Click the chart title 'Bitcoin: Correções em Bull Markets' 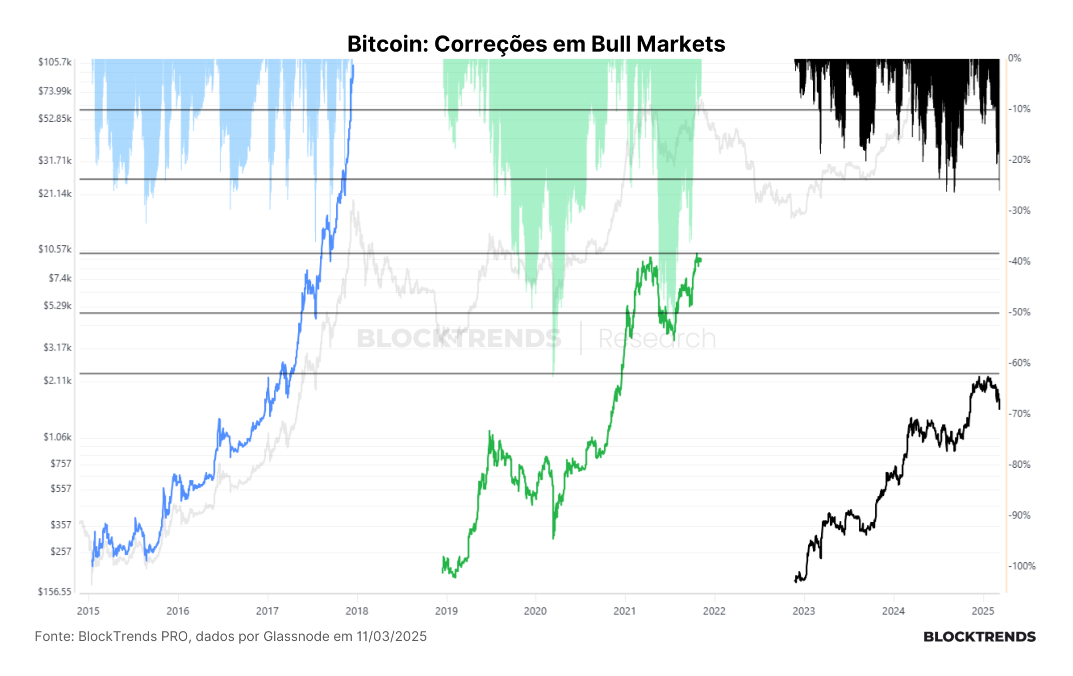536,44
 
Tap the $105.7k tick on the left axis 55,62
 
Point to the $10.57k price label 55,249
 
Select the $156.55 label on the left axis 55,592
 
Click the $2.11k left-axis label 58,381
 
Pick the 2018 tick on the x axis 357,611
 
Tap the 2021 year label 625,611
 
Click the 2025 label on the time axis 983,611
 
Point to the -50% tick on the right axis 1019,312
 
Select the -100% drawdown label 1021,566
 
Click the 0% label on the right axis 1014,58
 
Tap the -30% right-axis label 1019,210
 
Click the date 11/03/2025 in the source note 391,636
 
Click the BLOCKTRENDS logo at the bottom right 979,637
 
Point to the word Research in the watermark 657,339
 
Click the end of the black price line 999,409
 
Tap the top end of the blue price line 353,65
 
